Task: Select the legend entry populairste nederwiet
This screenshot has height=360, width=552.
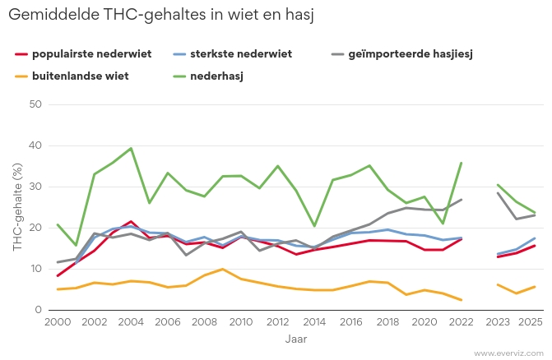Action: (91, 54)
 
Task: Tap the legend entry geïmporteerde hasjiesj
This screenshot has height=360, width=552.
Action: (413, 54)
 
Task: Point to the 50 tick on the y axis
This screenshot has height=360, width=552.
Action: (35, 104)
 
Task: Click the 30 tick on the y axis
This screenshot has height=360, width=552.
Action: (35, 187)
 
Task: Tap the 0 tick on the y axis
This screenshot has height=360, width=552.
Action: (38, 310)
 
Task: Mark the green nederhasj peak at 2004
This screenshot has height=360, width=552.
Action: (131, 148)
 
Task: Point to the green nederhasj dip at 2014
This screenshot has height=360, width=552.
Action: (314, 226)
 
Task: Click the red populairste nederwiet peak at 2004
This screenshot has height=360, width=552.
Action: (131, 222)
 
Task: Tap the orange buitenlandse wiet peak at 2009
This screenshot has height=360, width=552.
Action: (223, 269)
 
